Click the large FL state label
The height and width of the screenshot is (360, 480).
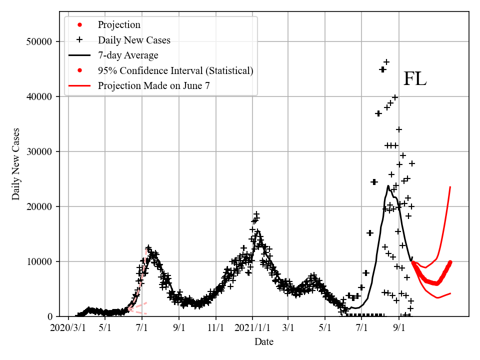pyautogui.click(x=414, y=79)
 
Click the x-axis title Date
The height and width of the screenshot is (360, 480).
pyautogui.click(x=263, y=342)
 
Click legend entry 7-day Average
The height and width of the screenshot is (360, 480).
pyautogui.click(x=128, y=55)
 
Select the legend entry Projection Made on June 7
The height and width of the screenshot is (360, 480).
pyautogui.click(x=153, y=85)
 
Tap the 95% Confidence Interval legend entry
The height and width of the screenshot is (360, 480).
pyautogui.click(x=175, y=70)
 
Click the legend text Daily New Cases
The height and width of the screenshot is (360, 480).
pyautogui.click(x=134, y=40)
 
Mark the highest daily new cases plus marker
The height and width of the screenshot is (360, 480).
pyautogui.click(x=386, y=62)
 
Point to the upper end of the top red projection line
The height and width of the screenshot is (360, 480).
pyautogui.click(x=450, y=187)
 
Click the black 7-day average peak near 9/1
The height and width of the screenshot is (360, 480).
pyautogui.click(x=388, y=186)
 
